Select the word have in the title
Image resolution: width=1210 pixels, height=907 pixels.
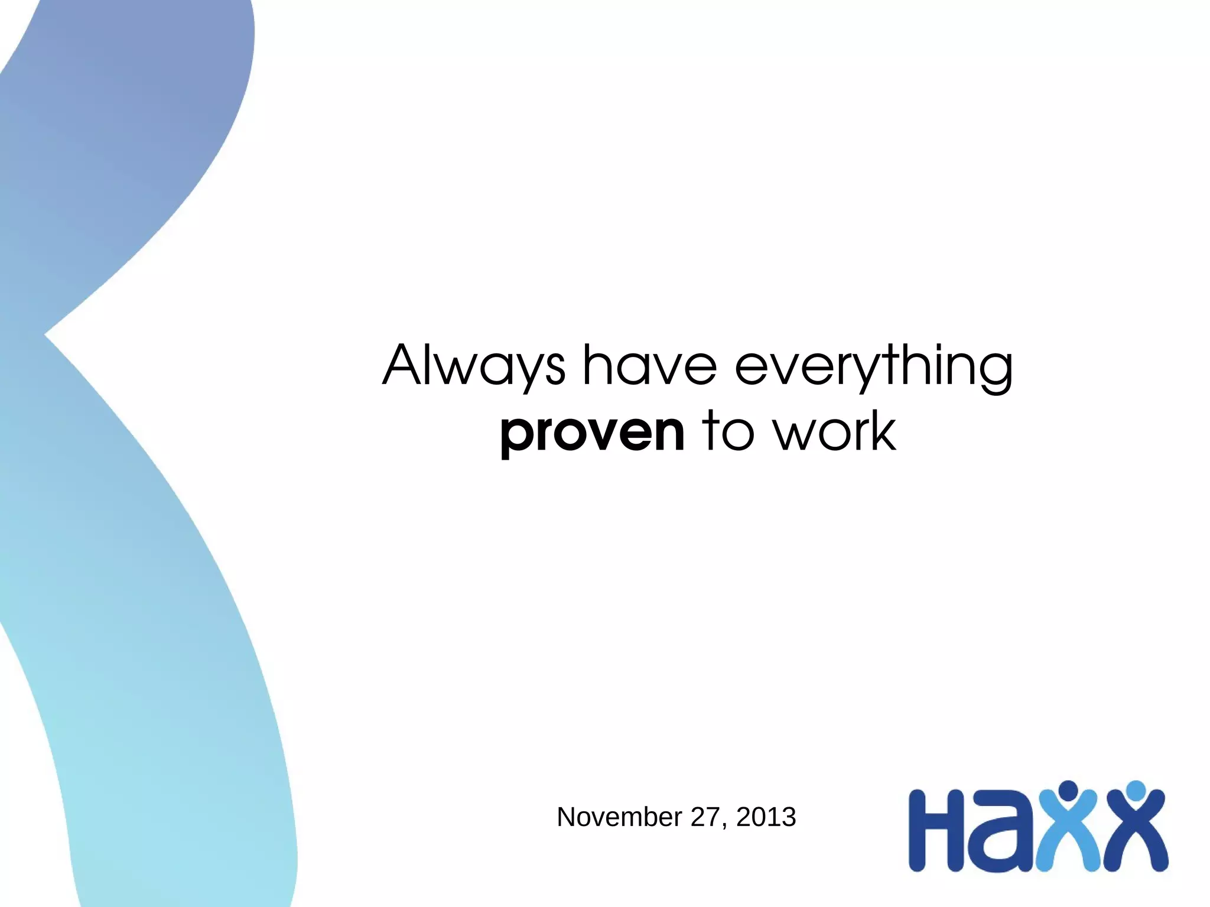click(x=650, y=366)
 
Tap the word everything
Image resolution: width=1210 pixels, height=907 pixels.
click(x=874, y=367)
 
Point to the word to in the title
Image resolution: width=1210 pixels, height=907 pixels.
click(x=728, y=431)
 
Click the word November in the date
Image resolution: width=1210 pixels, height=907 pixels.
click(x=619, y=817)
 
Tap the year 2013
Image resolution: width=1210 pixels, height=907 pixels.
click(x=766, y=817)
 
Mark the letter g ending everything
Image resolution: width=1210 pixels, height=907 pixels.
click(x=995, y=372)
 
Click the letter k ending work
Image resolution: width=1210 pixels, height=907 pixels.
click(x=881, y=431)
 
